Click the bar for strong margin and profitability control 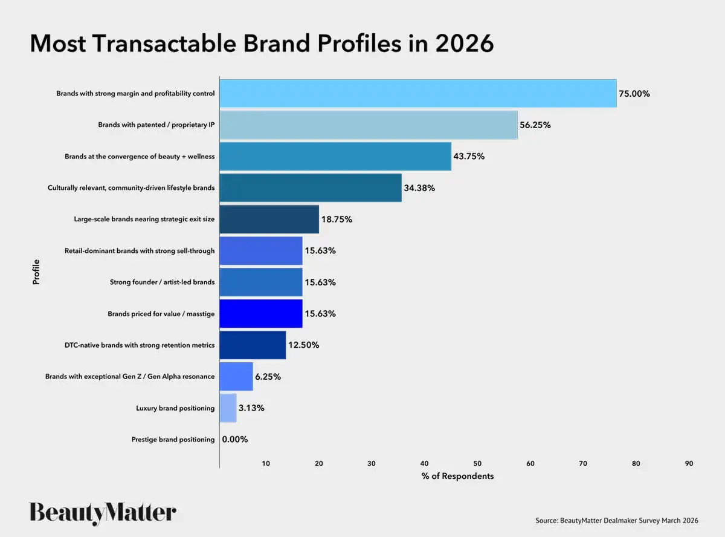pyautogui.click(x=417, y=94)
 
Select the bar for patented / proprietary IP pyautogui.click(x=368, y=125)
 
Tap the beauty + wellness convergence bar pyautogui.click(x=335, y=157)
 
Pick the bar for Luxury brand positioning pyautogui.click(x=228, y=408)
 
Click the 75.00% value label pyautogui.click(x=634, y=94)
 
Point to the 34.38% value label pyautogui.click(x=419, y=188)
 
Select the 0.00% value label pyautogui.click(x=235, y=440)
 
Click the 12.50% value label pyautogui.click(x=304, y=345)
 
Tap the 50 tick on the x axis pyautogui.click(x=477, y=464)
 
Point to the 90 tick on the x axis pyautogui.click(x=689, y=464)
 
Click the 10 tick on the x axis pyautogui.click(x=266, y=464)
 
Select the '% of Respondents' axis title pyautogui.click(x=457, y=477)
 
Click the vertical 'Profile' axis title pyautogui.click(x=36, y=272)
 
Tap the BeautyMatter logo pyautogui.click(x=103, y=513)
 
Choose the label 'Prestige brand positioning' pyautogui.click(x=173, y=440)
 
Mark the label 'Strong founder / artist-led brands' pyautogui.click(x=162, y=282)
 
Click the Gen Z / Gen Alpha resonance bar pyautogui.click(x=236, y=377)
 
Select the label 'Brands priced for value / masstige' pyautogui.click(x=161, y=314)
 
